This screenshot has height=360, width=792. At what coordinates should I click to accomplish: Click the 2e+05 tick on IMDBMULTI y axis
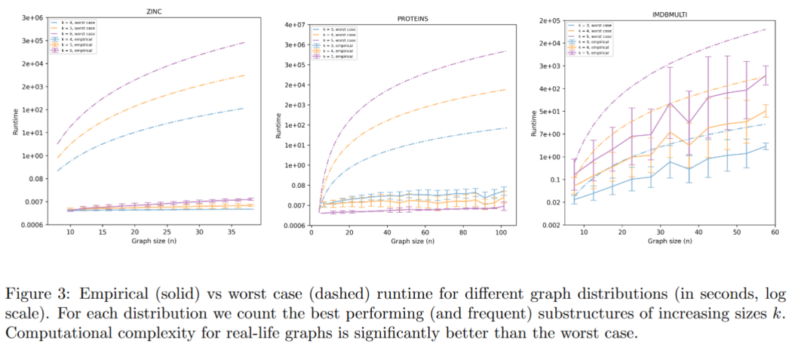pos(550,20)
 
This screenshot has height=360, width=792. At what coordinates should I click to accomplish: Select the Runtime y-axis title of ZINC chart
pos(17,123)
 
